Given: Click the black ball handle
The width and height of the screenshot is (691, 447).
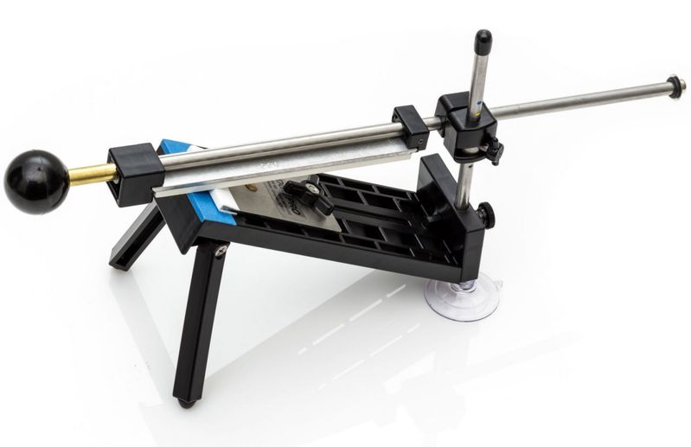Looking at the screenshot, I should [x=35, y=181].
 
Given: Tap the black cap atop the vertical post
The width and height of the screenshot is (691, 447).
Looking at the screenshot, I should [x=483, y=40].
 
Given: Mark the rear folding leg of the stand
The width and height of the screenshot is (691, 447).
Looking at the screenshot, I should [x=138, y=238].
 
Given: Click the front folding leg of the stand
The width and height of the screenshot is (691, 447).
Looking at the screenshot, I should [x=197, y=320].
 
